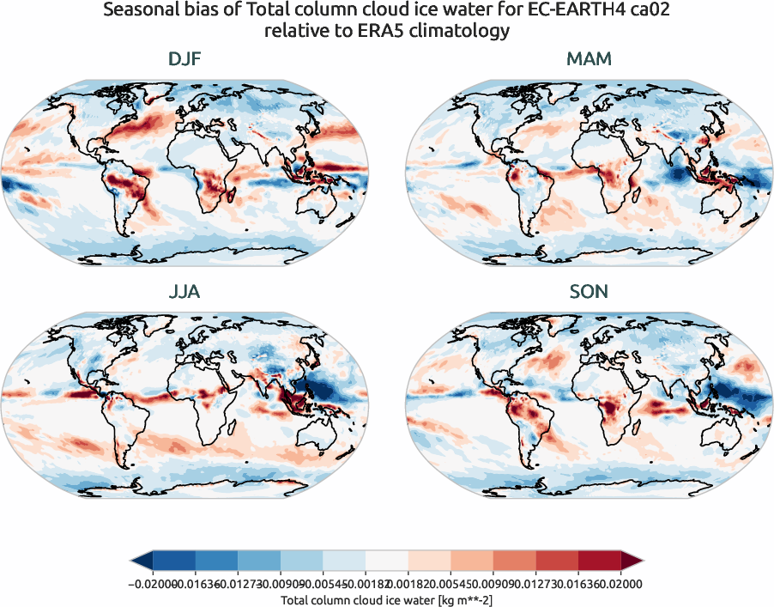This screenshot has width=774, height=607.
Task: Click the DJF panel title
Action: click(184, 60)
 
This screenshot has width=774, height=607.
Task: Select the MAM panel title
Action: click(589, 60)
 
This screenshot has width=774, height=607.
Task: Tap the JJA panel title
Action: click(184, 292)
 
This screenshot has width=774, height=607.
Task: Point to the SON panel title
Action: click(589, 292)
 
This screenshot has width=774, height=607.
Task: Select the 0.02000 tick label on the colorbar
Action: click(621, 584)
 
